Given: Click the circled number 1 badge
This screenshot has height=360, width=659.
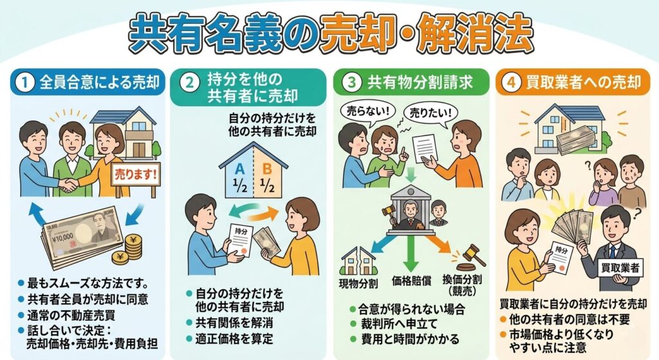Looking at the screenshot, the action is tap(25, 82).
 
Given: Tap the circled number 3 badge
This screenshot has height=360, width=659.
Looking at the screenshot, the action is tap(351, 82).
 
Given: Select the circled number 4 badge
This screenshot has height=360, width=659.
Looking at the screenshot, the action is tap(511, 82).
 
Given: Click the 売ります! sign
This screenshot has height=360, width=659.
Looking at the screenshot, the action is tap(136, 175).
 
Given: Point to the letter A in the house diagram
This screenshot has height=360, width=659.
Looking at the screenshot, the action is tap(239, 169).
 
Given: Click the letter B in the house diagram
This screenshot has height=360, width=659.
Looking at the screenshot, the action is tap(267, 169).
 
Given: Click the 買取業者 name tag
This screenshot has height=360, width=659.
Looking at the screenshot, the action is tap(620, 267).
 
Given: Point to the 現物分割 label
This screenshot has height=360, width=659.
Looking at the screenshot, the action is tap(358, 283).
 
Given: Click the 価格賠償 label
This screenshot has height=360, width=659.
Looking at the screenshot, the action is tap(411, 281).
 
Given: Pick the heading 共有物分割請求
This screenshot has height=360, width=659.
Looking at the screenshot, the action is tap(420, 82).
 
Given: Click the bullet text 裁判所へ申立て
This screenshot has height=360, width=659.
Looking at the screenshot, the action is tap(399, 324).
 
